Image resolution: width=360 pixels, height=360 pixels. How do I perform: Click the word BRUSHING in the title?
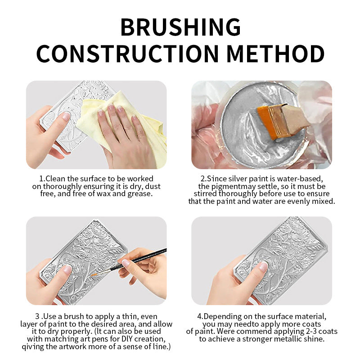(180, 27)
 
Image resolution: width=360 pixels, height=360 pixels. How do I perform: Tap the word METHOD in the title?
(275, 54)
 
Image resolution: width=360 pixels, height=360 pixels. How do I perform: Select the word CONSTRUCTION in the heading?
(127, 54)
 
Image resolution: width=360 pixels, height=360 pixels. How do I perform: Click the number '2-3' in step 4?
(310, 332)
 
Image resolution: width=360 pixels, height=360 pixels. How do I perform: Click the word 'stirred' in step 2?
(205, 194)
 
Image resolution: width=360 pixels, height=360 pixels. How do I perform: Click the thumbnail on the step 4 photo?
(263, 266)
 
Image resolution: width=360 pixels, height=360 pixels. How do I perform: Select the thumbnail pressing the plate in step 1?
(66, 116)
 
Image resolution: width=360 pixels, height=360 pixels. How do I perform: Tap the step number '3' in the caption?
(37, 317)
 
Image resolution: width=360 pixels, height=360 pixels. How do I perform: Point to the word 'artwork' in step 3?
(73, 346)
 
